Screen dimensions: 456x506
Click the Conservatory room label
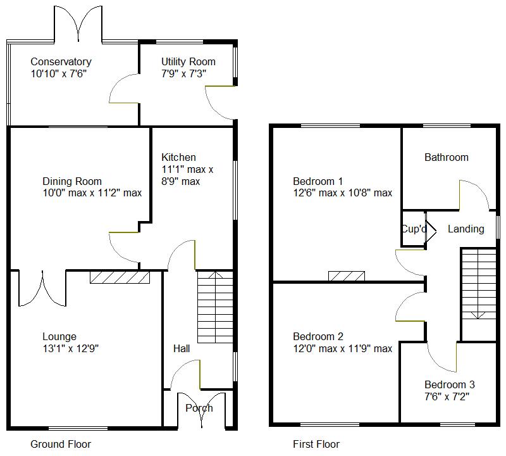click(x=61, y=62)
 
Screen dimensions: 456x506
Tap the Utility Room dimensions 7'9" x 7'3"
click(x=183, y=73)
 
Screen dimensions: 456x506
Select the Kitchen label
click(x=178, y=157)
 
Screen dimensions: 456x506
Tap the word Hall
click(x=182, y=348)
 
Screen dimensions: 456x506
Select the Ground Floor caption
click(x=61, y=445)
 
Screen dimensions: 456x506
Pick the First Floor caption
click(x=316, y=445)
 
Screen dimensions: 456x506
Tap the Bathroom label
click(x=447, y=157)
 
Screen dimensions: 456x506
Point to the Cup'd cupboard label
click(x=414, y=229)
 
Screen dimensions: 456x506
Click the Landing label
click(x=466, y=229)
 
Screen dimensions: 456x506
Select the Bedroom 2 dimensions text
click(x=342, y=348)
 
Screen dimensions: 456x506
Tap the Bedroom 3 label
click(x=450, y=384)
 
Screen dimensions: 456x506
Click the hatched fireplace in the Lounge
click(x=120, y=277)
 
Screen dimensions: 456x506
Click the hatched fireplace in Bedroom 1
click(x=347, y=275)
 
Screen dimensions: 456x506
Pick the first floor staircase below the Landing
click(x=478, y=284)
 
